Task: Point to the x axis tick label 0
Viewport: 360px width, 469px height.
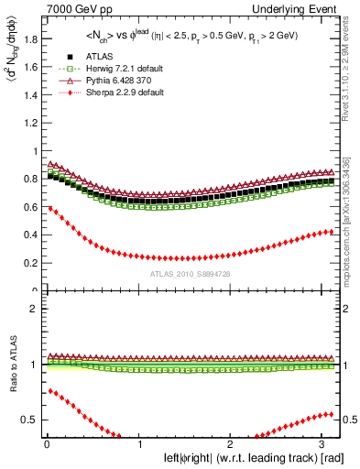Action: click(x=46, y=444)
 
